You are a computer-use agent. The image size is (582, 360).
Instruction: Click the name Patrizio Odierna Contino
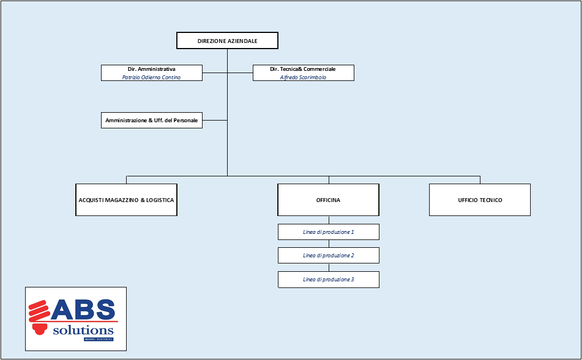click(x=151, y=77)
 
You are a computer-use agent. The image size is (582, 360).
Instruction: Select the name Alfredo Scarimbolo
click(x=303, y=77)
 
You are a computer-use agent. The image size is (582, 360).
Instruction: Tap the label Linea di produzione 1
click(x=329, y=232)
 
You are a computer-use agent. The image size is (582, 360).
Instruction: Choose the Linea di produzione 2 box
click(x=329, y=255)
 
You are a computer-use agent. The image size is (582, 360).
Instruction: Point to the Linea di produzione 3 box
click(x=329, y=279)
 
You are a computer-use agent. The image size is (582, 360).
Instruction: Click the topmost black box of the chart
click(x=227, y=40)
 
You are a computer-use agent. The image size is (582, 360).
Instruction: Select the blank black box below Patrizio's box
click(x=151, y=120)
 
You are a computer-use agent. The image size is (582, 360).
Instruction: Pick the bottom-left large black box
click(x=126, y=199)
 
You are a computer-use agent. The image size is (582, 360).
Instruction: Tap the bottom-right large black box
click(x=479, y=199)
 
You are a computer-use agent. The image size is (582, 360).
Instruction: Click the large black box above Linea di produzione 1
click(x=328, y=199)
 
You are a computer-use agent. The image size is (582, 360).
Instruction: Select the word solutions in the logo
click(x=83, y=330)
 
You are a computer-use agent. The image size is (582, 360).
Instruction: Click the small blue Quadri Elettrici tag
click(x=98, y=339)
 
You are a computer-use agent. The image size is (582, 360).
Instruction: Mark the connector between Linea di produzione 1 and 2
click(x=329, y=243)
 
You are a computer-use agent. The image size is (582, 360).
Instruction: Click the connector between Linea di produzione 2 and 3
click(x=329, y=267)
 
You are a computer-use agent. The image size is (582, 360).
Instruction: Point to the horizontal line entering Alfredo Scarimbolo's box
click(x=240, y=73)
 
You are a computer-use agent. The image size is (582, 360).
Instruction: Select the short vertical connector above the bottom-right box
click(x=480, y=180)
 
